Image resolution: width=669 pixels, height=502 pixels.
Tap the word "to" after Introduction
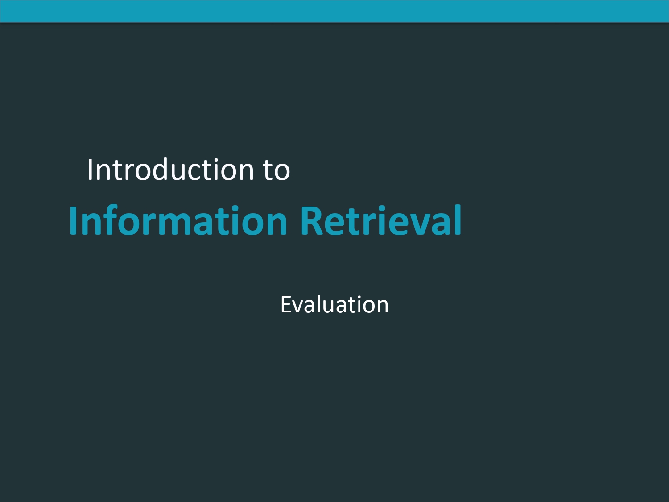tap(277, 171)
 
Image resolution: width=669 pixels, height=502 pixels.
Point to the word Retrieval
tap(381, 220)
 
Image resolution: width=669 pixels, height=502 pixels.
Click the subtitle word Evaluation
tap(334, 304)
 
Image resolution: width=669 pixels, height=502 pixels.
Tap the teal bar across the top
tap(334, 11)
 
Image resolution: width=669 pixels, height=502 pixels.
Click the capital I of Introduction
tap(90, 170)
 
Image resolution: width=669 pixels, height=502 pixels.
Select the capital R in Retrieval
tap(311, 221)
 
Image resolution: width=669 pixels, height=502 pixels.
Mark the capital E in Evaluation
tap(286, 304)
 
